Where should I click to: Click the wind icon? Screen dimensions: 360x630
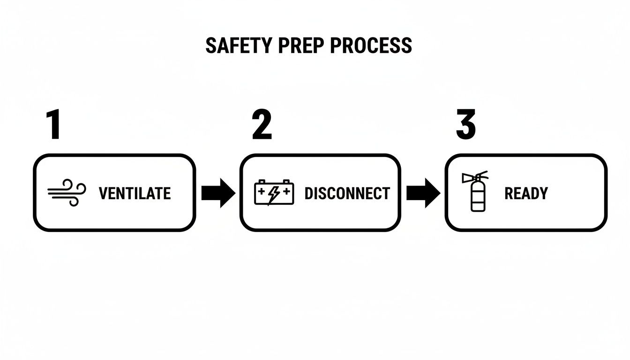click(x=67, y=193)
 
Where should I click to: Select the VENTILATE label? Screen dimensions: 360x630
click(x=135, y=193)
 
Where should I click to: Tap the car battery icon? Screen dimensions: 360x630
click(x=274, y=193)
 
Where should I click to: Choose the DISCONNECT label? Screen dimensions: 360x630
click(x=347, y=193)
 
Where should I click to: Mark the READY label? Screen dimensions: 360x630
click(x=526, y=193)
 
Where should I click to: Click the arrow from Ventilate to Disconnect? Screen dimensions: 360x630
click(x=218, y=193)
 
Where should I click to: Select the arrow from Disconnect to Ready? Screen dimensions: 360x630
click(x=423, y=193)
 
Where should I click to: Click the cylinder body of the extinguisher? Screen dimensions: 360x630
click(x=478, y=197)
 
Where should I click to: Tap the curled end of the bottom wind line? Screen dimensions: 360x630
click(x=74, y=201)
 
